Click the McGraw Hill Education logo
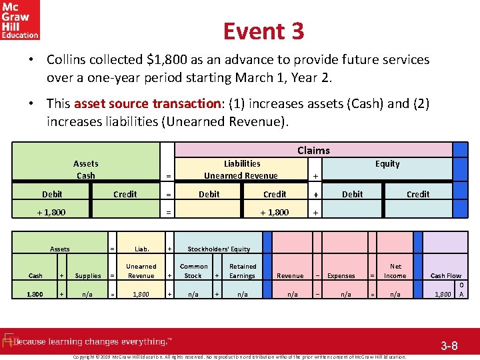coord(20,20)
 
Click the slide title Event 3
coord(263,31)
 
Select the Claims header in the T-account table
coord(313,151)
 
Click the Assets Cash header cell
coord(85,169)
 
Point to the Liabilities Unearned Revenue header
coord(241,169)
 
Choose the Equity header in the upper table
coord(387,164)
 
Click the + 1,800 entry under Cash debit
coord(51,212)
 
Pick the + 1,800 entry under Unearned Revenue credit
coord(274,212)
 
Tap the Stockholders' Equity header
coord(219,249)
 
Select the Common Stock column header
coord(193,271)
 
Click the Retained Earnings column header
coord(242,271)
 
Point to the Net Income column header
coord(395,271)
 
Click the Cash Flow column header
coord(446,275)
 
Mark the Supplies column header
coord(88,275)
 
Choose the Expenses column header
coord(341,275)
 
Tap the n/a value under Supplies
coord(87,294)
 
